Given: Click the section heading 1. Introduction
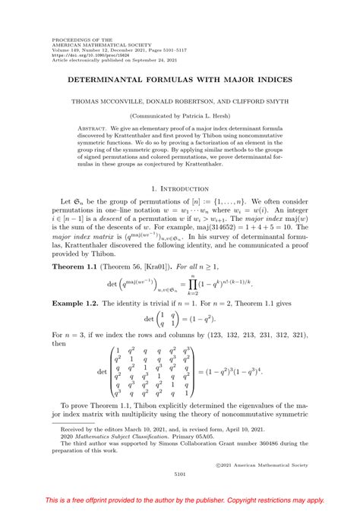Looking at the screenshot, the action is coord(180,187).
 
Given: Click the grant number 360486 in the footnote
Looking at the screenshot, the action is coord(287,445).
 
